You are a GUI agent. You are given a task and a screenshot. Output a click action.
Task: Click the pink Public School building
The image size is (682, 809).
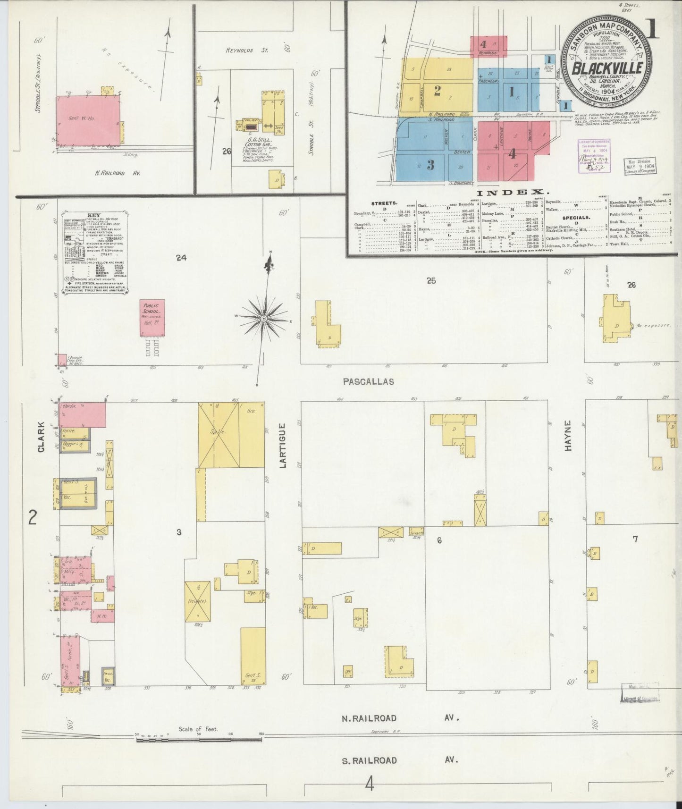coord(152,317)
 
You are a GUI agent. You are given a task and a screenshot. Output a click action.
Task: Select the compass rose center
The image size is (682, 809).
coord(263,320)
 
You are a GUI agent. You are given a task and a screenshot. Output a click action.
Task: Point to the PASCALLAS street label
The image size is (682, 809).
coord(369,381)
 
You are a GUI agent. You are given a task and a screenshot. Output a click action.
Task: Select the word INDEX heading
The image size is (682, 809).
coord(513,193)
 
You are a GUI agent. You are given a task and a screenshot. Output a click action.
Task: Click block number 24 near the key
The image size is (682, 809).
coord(181,258)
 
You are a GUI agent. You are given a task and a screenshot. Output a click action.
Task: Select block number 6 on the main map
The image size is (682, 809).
coord(439,540)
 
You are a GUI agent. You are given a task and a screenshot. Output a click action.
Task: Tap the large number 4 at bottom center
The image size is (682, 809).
coord(370,785)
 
